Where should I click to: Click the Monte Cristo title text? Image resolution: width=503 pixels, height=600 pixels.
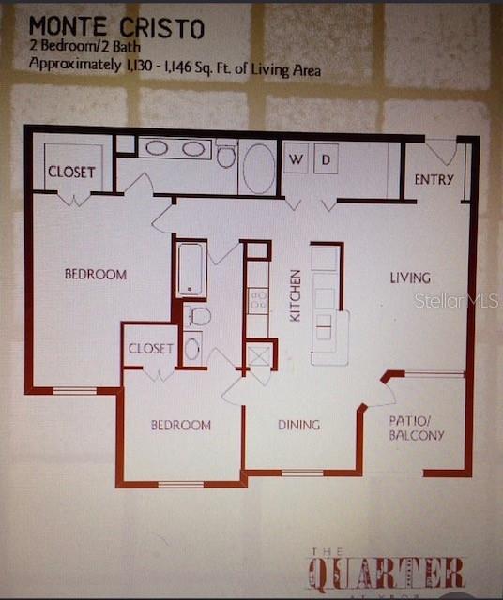point(116,28)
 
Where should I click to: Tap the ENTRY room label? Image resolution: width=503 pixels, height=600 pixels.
point(434,179)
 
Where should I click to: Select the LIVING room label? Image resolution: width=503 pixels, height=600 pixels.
point(410,277)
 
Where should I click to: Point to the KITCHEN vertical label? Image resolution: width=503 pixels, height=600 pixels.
point(296,296)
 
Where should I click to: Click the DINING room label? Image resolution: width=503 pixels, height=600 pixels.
point(298,425)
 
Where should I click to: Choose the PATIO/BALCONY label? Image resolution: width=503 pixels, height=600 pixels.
point(416,427)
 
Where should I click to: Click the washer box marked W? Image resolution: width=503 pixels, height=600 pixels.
point(296,159)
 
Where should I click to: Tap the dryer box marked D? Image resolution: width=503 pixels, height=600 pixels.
point(325,159)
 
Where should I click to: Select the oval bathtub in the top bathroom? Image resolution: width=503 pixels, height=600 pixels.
point(258,168)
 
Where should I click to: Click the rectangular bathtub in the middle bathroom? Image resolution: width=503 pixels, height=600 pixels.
point(191,267)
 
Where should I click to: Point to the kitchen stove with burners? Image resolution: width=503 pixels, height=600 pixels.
point(258,300)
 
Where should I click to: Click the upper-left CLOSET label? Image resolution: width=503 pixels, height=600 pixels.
point(71,172)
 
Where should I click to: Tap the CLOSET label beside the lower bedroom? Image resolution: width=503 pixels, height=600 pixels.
point(150,349)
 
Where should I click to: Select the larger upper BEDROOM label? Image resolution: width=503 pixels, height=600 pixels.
point(95,275)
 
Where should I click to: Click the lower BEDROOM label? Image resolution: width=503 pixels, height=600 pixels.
point(181,426)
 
